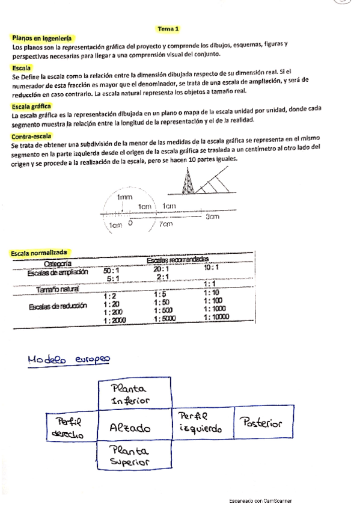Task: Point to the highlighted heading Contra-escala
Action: point(31,137)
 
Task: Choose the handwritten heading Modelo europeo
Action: point(69,360)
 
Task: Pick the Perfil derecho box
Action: point(72,426)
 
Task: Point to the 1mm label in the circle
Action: point(124,197)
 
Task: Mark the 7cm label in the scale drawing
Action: point(166,224)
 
